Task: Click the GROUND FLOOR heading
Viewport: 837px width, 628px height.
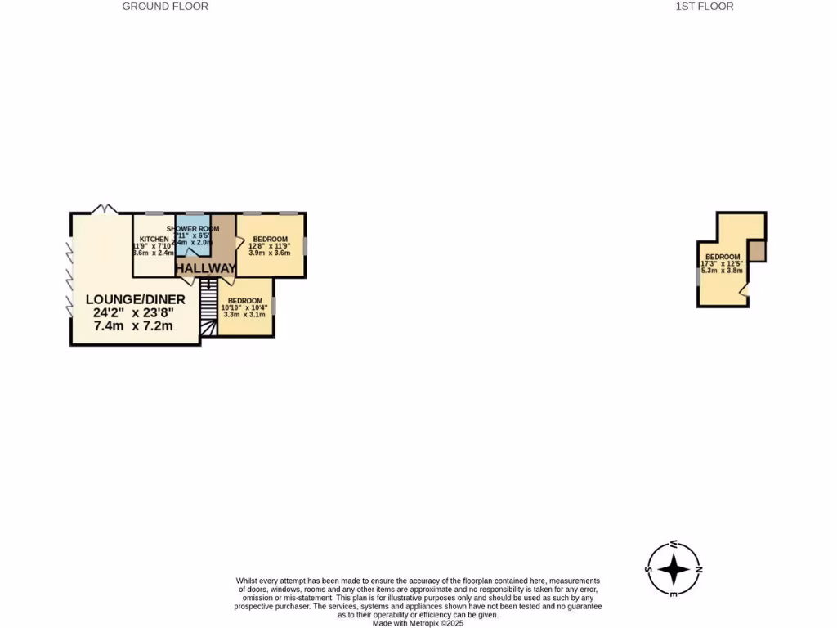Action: click(x=165, y=7)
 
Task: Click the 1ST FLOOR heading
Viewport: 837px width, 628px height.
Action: click(x=704, y=7)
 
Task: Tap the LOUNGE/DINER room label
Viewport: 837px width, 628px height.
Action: click(x=135, y=300)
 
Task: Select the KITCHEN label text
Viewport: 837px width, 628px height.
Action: click(x=153, y=240)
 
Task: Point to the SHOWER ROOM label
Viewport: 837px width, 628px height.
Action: click(x=193, y=229)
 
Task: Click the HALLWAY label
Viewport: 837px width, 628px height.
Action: click(x=205, y=268)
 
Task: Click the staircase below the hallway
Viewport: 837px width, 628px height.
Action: click(x=209, y=307)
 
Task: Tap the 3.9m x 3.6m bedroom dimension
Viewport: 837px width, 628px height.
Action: click(x=270, y=253)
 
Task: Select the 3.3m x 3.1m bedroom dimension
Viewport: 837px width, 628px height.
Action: click(x=244, y=314)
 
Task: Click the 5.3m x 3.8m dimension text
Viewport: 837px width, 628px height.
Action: click(x=722, y=271)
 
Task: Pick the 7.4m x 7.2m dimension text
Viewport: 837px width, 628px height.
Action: click(x=133, y=325)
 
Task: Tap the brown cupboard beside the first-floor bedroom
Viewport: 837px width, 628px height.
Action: click(x=757, y=250)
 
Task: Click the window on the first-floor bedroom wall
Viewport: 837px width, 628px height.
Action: click(x=698, y=278)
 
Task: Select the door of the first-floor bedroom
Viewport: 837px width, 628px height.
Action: click(x=743, y=289)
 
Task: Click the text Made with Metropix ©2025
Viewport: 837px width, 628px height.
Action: click(x=418, y=623)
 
